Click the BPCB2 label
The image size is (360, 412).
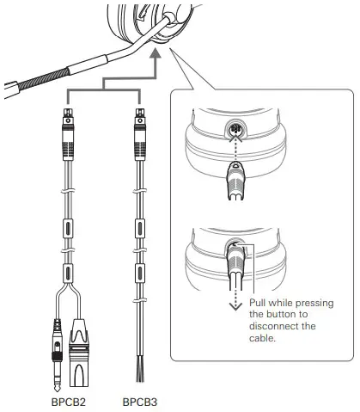[x=69, y=401]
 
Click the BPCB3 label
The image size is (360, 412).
[x=139, y=401]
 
